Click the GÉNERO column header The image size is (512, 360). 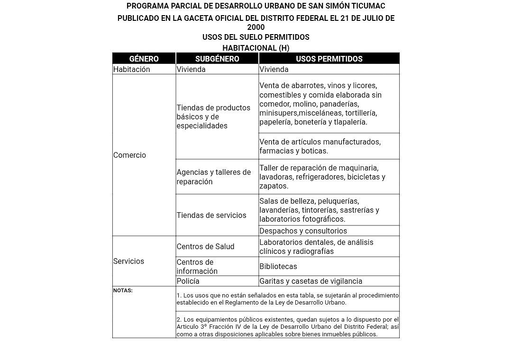[144, 59]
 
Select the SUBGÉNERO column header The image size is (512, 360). [217, 59]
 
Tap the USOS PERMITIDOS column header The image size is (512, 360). [329, 59]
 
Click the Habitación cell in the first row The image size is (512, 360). [131, 69]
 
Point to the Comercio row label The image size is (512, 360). [129, 155]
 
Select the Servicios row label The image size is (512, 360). [128, 261]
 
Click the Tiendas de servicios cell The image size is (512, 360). [211, 215]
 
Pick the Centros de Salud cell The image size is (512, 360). [205, 246]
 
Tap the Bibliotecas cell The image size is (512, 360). [278, 267]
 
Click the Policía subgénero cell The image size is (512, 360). [188, 281]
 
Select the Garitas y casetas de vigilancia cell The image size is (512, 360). [311, 281]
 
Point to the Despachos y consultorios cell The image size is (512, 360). [303, 231]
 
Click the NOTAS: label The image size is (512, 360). [123, 290]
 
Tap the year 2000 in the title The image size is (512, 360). [256, 27]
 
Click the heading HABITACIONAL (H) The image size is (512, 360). [256, 48]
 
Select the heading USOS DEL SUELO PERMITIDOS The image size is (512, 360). [256, 37]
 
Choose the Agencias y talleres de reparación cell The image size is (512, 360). [214, 177]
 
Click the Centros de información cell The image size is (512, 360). [197, 267]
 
